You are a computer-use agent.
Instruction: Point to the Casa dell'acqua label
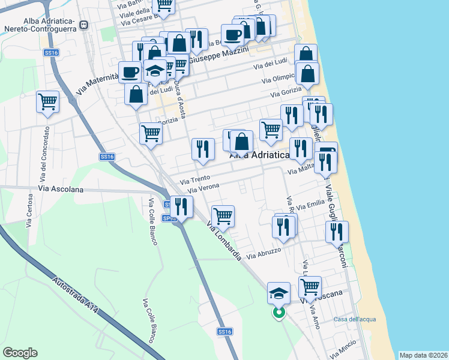355,319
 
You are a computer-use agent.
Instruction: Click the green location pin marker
279,313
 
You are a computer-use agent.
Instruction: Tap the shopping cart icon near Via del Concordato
47,101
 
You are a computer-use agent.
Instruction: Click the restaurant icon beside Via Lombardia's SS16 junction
181,206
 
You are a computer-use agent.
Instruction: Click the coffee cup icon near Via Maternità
130,72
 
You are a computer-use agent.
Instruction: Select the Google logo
20,353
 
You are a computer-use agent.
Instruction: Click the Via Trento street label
195,179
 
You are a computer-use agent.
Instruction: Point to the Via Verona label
201,188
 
